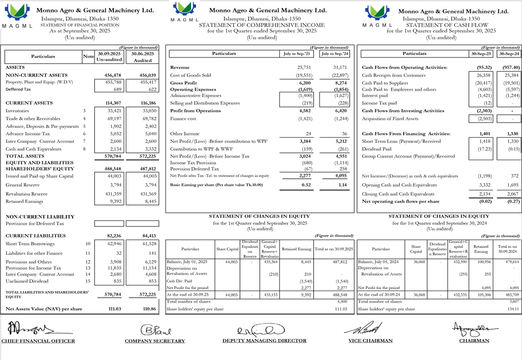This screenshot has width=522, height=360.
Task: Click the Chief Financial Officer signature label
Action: pyautogui.click(x=38, y=341)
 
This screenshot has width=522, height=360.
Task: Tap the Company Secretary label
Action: pyautogui.click(x=155, y=341)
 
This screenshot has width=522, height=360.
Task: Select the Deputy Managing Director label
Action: pyautogui.click(x=264, y=341)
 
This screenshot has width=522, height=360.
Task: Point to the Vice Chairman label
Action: pyautogui.click(x=370, y=341)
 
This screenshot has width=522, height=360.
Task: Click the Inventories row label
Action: pyautogui.click(x=18, y=111)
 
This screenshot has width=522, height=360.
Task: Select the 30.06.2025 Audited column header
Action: pyautogui.click(x=143, y=56)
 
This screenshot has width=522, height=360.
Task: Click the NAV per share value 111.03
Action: pyautogui.click(x=113, y=309)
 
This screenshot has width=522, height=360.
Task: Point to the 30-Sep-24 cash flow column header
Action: pyautogui.click(x=509, y=53)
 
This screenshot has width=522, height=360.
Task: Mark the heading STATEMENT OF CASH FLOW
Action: pyautogui.click(x=447, y=25)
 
